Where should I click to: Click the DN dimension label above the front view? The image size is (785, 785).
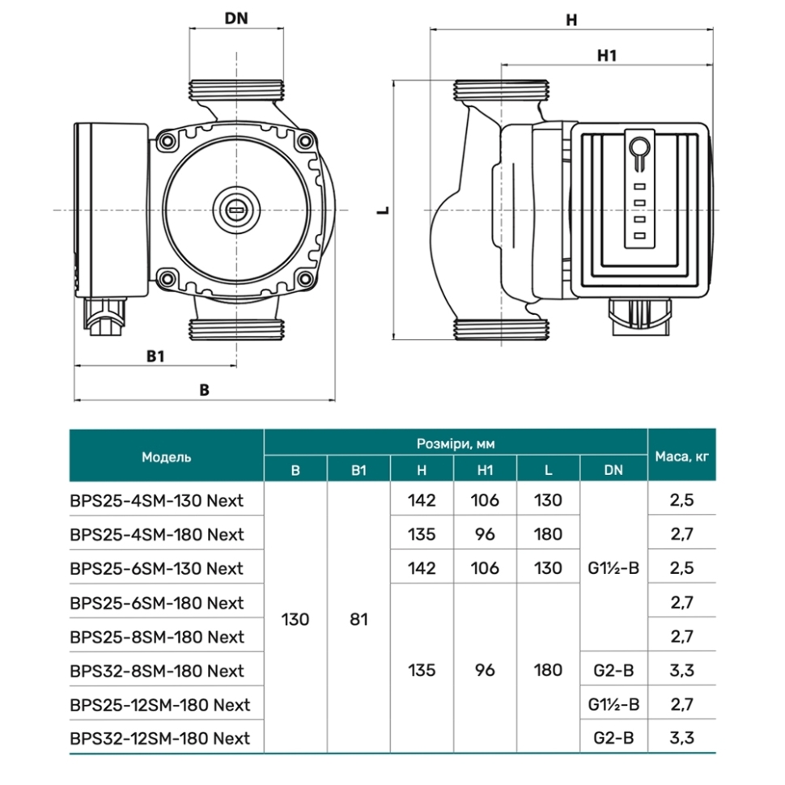(236, 19)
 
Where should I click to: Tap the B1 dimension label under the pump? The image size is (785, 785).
(155, 356)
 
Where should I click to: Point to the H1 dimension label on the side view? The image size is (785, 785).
(607, 56)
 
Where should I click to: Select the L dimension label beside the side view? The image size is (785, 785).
(384, 210)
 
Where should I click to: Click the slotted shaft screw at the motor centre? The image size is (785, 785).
(235, 210)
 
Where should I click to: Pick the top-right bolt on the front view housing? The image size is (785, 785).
(305, 142)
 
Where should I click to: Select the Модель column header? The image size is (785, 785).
(166, 457)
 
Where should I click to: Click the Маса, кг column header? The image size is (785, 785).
(682, 456)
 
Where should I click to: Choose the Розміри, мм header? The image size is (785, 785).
(456, 443)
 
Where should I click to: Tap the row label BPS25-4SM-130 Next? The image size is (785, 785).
(157, 501)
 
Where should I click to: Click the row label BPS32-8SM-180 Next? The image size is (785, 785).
(157, 671)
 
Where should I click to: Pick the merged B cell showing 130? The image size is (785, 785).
(295, 619)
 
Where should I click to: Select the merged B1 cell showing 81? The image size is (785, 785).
(359, 619)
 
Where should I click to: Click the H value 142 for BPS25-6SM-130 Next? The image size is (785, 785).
(422, 568)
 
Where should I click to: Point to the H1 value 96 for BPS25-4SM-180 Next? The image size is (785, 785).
(485, 534)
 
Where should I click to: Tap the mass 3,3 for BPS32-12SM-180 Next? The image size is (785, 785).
(682, 738)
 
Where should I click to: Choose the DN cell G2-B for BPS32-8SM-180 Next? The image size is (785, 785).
(613, 670)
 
